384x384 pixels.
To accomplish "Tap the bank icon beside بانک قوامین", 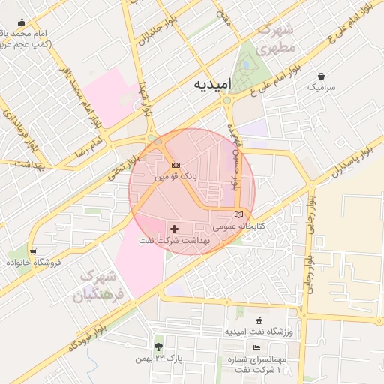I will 176,165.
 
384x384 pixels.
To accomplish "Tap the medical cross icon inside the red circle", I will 175,229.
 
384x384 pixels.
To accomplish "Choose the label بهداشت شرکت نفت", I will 175,241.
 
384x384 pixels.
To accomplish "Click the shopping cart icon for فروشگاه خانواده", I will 32,250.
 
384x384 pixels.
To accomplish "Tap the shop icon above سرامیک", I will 322,76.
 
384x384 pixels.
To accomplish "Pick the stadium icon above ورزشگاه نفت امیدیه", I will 259,320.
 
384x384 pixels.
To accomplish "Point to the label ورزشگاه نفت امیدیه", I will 259,331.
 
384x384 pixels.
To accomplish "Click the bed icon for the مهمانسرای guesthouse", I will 257,348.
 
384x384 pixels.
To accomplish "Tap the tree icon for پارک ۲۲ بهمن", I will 158,346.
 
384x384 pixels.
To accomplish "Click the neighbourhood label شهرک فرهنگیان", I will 105,285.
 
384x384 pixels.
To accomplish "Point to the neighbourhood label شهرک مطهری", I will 277,39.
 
